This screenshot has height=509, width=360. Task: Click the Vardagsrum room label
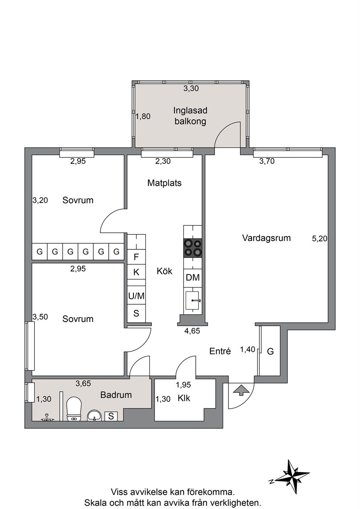(x=266, y=238)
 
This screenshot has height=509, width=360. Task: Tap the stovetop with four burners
(x=193, y=248)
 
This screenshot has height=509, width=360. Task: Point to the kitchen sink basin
(x=192, y=300)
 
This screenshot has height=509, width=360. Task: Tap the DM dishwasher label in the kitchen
(x=193, y=278)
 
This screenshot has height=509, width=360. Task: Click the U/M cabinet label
(x=136, y=296)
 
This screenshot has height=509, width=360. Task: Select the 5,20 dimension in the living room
(x=320, y=239)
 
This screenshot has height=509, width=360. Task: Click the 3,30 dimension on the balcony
(x=191, y=89)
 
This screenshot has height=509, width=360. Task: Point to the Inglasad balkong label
(x=191, y=116)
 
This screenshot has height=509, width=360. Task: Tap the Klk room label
(x=184, y=405)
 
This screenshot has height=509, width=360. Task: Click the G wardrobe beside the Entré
(x=270, y=352)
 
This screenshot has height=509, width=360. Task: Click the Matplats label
(x=164, y=183)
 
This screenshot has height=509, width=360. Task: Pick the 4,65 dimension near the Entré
(x=192, y=331)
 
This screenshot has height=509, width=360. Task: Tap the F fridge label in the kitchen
(x=136, y=257)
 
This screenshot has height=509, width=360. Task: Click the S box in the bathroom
(x=111, y=416)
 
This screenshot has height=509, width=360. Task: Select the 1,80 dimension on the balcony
(x=143, y=116)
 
